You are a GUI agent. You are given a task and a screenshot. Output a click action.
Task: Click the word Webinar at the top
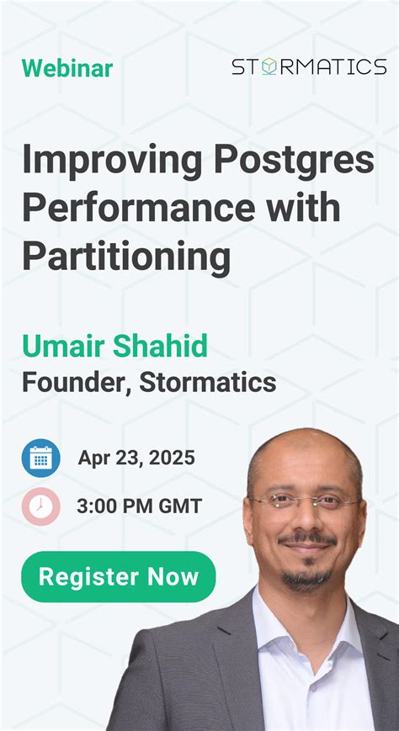pyautogui.click(x=66, y=68)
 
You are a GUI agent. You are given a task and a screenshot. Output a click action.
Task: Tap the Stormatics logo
pyautogui.click(x=309, y=67)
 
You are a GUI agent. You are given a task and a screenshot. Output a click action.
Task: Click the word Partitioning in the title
pyautogui.click(x=126, y=257)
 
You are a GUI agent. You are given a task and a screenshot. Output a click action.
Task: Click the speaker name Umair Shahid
pyautogui.click(x=114, y=346)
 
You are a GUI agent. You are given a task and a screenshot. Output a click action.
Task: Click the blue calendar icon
pyautogui.click(x=40, y=458)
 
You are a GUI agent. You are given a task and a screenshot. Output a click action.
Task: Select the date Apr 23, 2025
pyautogui.click(x=136, y=458)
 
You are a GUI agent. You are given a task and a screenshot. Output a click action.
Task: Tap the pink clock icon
pyautogui.click(x=40, y=506)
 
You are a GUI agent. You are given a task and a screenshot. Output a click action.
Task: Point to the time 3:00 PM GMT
pyautogui.click(x=139, y=506)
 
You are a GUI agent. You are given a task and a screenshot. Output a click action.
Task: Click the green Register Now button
pyautogui.click(x=118, y=577)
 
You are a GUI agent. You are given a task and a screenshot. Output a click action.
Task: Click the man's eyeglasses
pyautogui.click(x=305, y=503)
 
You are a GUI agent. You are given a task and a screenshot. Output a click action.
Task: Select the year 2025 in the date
pyautogui.click(x=171, y=458)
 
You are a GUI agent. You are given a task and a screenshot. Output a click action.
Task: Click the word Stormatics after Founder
pyautogui.click(x=208, y=382)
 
